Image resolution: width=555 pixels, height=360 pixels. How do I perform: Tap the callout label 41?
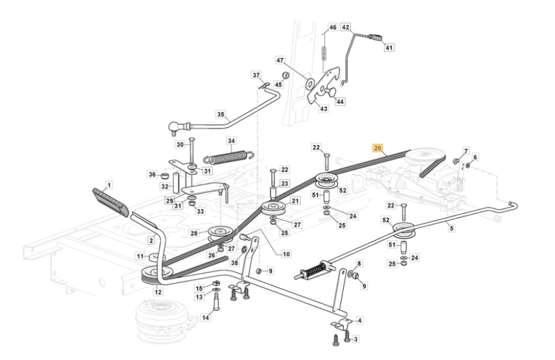point(389,48)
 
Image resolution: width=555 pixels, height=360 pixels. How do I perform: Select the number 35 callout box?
point(221,114)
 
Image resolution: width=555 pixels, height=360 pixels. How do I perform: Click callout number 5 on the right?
point(451,229)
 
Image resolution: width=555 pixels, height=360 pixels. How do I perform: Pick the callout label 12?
point(158,292)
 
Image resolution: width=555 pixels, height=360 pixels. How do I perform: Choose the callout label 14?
point(205,317)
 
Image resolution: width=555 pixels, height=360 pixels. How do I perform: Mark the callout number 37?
point(256,75)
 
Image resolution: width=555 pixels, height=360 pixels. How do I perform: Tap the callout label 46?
point(333,28)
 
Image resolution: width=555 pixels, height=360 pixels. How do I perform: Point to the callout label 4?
point(360,320)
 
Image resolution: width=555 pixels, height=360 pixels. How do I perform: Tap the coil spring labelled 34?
point(227,157)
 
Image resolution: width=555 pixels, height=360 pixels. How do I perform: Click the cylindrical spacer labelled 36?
point(165,176)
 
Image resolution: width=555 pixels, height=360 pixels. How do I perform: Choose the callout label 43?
point(324,109)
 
